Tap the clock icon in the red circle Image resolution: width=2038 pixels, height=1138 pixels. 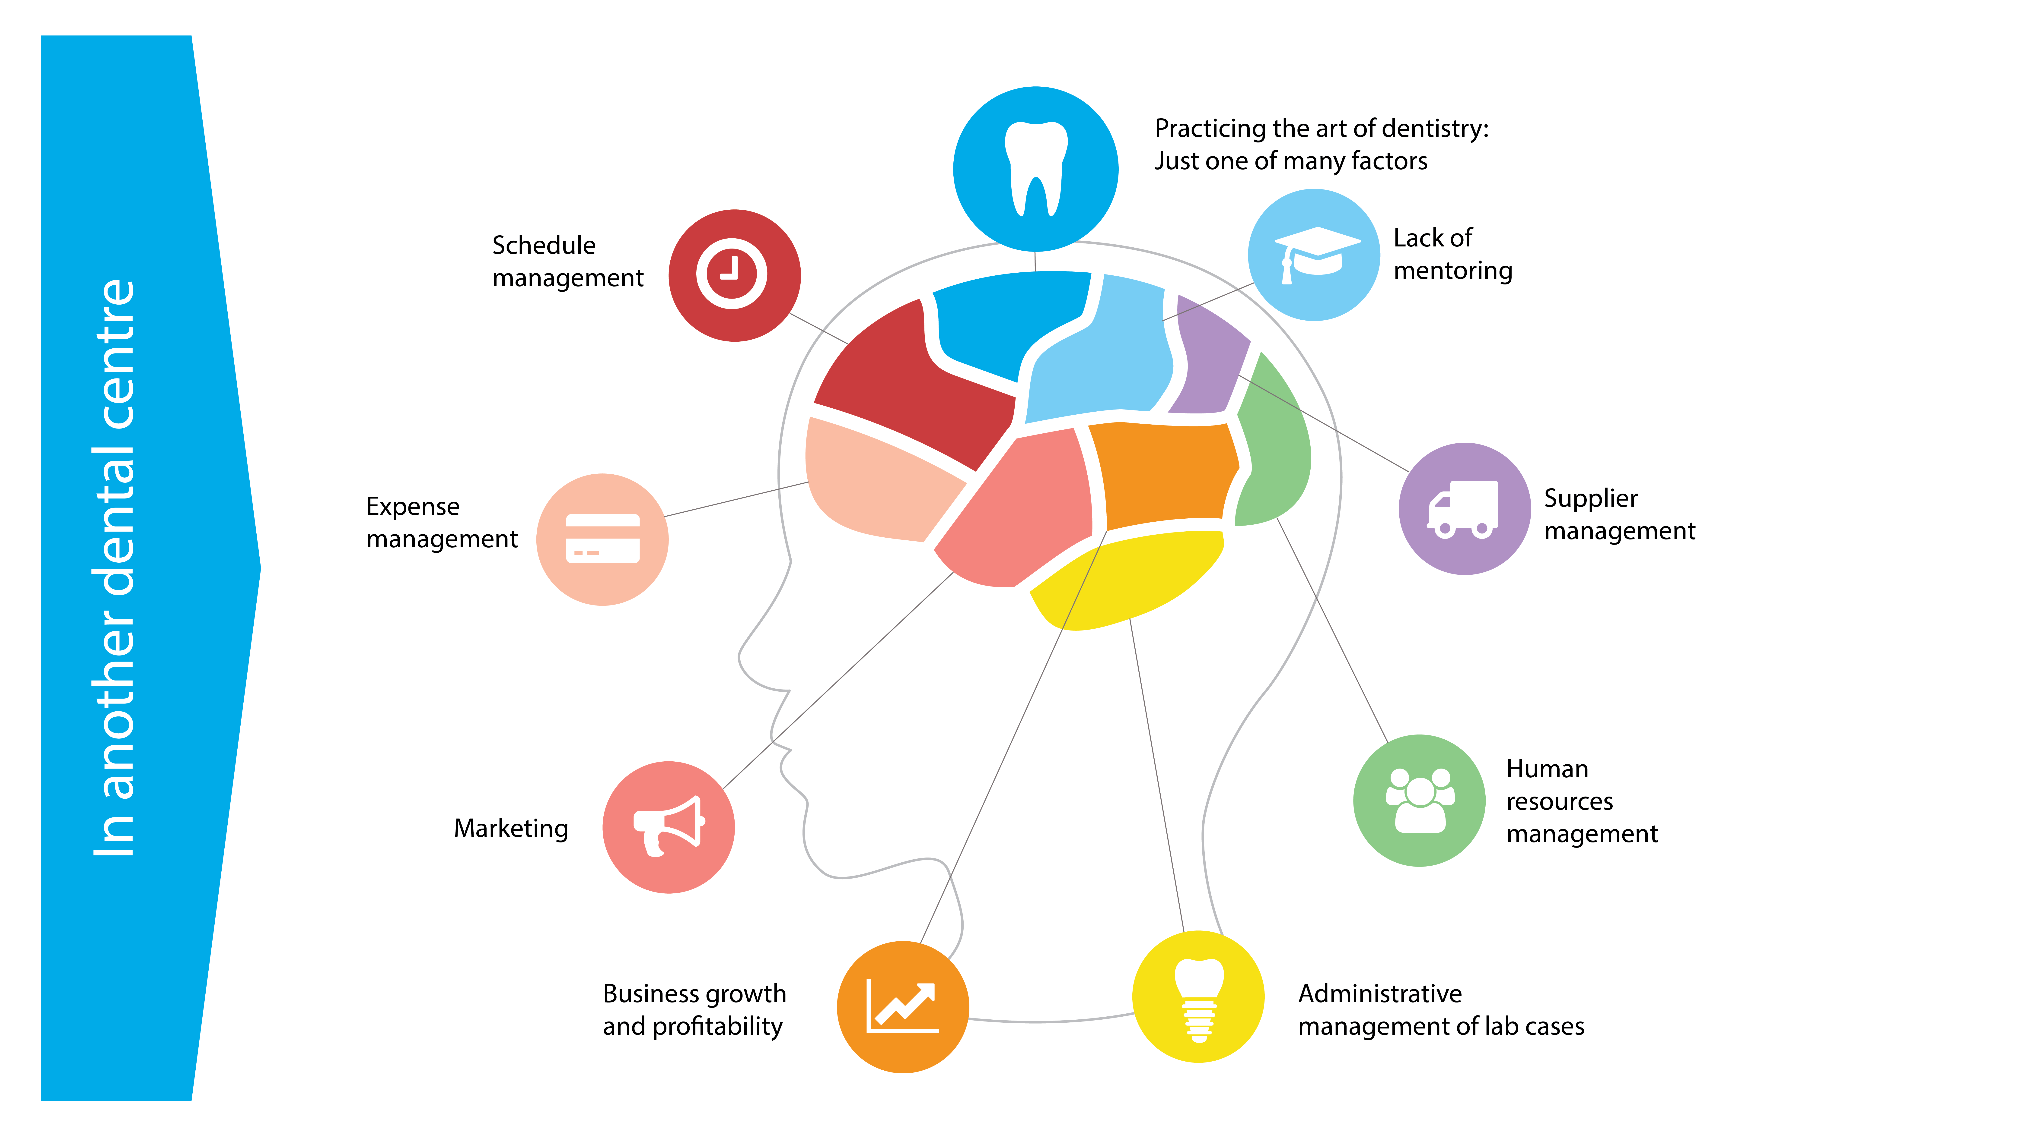point(732,274)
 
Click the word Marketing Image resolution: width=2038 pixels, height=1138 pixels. point(511,828)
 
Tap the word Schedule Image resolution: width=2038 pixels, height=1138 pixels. point(544,245)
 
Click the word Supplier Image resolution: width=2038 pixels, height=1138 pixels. point(1590,499)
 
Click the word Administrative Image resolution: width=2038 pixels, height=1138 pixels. point(1380,993)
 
